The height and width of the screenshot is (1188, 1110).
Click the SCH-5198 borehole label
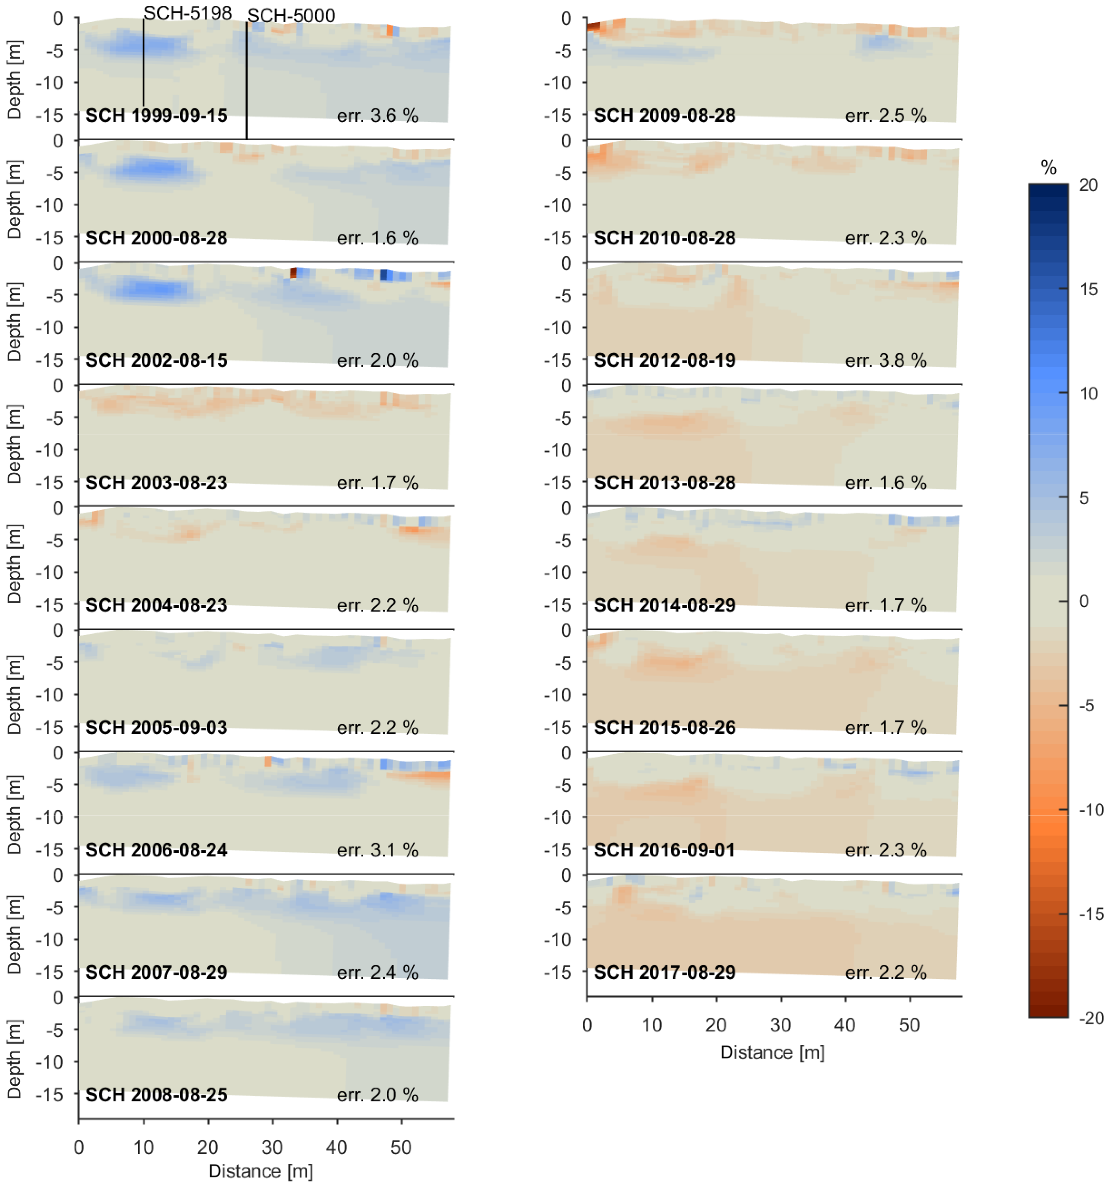coord(187,13)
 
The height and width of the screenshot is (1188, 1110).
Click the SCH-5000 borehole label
coord(291,16)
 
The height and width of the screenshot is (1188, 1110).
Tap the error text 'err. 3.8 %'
coord(886,360)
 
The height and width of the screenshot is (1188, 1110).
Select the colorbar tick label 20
coord(1088,185)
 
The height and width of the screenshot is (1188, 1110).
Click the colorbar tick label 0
coord(1084,602)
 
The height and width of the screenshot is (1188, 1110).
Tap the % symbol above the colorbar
coord(1048,168)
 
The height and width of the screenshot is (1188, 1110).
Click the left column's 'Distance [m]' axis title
coord(261,1171)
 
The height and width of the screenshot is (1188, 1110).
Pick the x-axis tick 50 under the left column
coord(401,1148)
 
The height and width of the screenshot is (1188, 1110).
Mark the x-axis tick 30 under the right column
coord(780,1025)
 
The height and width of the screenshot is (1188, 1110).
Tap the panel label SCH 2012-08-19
coord(664,360)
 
